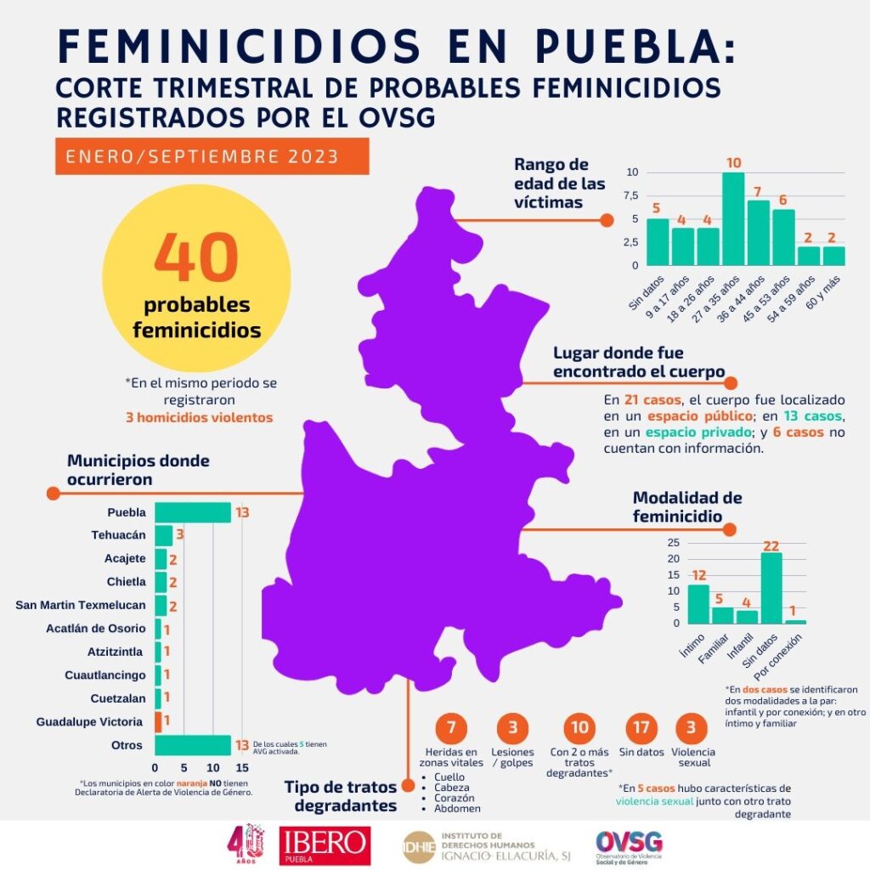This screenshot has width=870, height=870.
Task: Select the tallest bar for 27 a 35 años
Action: pos(733,218)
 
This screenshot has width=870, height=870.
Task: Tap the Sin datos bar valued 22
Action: pos(771,588)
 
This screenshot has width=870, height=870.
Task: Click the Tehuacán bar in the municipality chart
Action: pos(164,535)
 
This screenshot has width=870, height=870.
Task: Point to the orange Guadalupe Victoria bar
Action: pos(158,721)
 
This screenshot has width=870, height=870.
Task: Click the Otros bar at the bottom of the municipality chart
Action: pos(193,745)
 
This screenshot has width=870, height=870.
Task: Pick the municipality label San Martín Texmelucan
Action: pos(80,605)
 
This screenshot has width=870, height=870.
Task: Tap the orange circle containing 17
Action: pos(639,727)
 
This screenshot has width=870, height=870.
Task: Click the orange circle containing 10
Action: pos(579,727)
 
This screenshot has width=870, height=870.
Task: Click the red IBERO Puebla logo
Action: pos(325,845)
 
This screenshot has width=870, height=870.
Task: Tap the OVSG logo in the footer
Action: pos(630,845)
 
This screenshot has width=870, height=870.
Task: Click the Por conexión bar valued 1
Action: pos(796,621)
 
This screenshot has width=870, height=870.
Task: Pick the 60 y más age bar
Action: pos(834,256)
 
